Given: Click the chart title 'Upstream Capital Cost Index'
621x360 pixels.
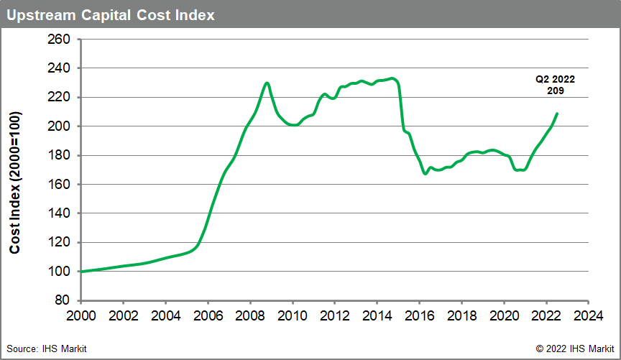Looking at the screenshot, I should (111, 14).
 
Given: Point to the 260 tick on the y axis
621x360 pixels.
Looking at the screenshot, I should (59, 39).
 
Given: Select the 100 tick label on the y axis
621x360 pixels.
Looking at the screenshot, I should (59, 272).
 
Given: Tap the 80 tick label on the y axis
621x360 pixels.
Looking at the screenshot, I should (62, 300).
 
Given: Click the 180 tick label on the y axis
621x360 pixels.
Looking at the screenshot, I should (59, 155).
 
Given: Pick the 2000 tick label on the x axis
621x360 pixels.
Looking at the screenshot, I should (80, 315).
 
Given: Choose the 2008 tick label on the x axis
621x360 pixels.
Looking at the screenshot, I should (250, 315).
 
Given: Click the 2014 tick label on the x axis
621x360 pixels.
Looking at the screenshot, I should (377, 315).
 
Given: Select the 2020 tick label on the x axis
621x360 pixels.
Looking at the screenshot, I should (504, 315).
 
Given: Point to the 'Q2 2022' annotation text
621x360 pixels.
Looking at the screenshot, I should (554, 80).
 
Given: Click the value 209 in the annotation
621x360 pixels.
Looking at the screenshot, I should (554, 92).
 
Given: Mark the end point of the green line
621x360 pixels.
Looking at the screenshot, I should (557, 114).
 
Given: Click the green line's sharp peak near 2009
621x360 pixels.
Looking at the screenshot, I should (267, 83).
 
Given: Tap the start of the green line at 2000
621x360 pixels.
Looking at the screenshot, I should (81, 272).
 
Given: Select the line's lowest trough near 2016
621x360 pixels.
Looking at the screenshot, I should (425, 173).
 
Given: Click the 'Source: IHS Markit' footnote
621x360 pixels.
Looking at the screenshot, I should (47, 349).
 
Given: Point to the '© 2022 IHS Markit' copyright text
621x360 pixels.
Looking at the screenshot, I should (574, 349).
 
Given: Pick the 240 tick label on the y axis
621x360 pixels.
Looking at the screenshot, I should (59, 68).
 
